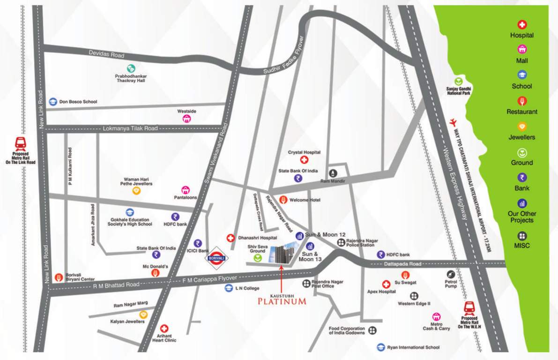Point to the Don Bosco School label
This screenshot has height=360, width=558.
[x=78, y=101]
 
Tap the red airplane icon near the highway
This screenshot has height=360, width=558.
[x=452, y=122]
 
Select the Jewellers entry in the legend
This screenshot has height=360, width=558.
[x=521, y=137]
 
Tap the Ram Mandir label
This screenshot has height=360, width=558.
[x=332, y=180]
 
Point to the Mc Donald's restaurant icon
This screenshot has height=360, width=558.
[x=155, y=272]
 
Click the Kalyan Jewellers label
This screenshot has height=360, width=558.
[x=127, y=322]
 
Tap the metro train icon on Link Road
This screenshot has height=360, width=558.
[x=21, y=142]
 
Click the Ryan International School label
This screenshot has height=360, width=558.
[x=413, y=347]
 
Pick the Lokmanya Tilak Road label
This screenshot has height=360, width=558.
[x=130, y=128]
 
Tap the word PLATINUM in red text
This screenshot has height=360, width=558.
[x=282, y=301]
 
